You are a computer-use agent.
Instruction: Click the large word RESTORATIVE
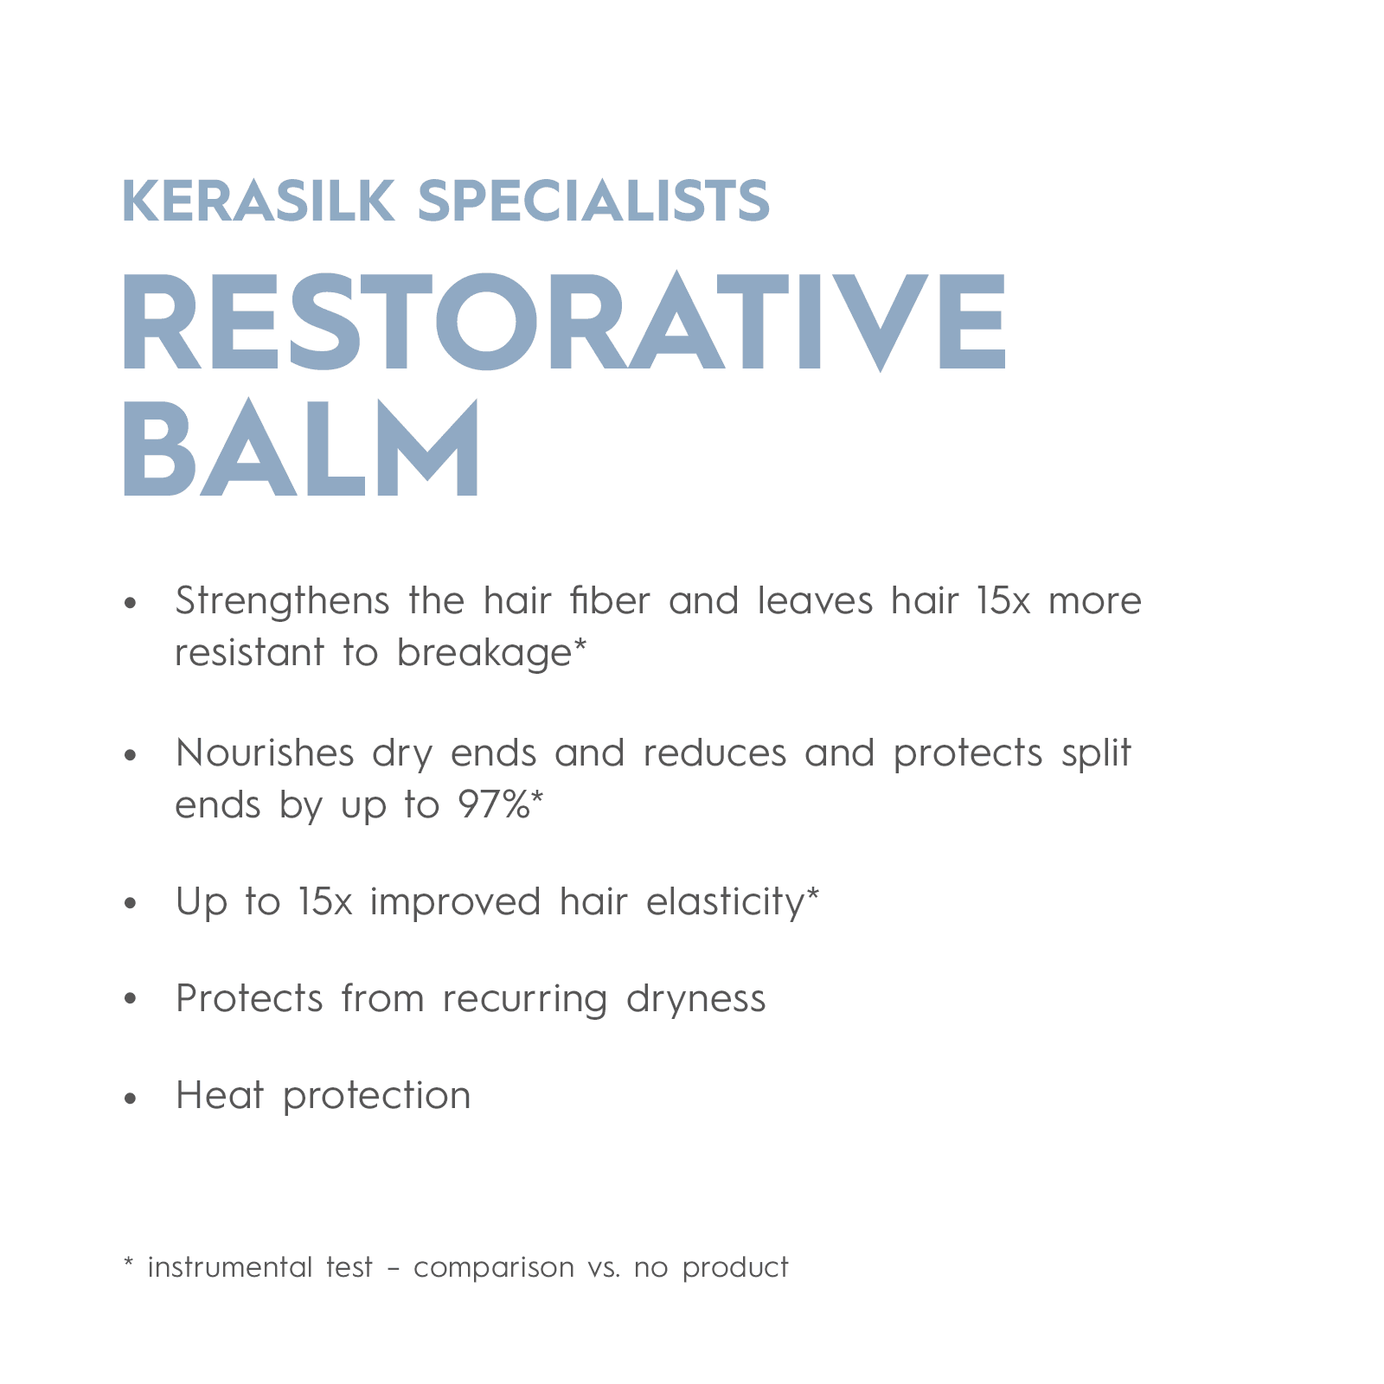point(564,322)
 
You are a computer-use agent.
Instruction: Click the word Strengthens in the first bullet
point(282,601)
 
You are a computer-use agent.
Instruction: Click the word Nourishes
point(265,753)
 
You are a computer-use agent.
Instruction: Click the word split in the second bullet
point(1096,753)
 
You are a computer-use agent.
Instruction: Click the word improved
point(455,902)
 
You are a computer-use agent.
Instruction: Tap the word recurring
point(524,1000)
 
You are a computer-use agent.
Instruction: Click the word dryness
point(695,1000)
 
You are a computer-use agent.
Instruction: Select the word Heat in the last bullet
point(220,1096)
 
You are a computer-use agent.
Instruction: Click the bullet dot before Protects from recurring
point(131,1000)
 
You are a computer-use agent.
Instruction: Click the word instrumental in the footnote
point(230,1267)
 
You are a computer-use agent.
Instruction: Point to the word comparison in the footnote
point(494,1268)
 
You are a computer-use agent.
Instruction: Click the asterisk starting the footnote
point(128,1264)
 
